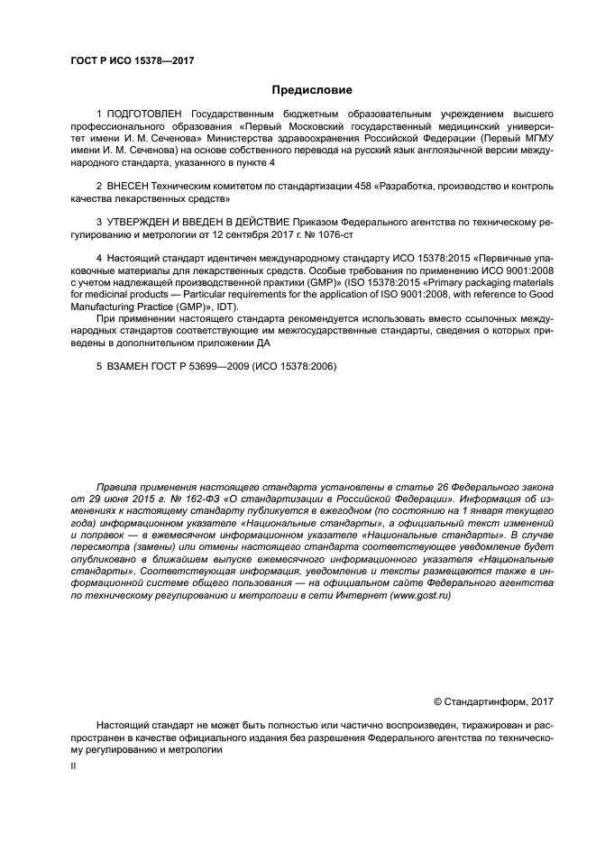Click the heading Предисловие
[x=312, y=89]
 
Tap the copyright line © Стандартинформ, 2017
[x=493, y=701]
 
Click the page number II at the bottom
[x=74, y=765]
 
